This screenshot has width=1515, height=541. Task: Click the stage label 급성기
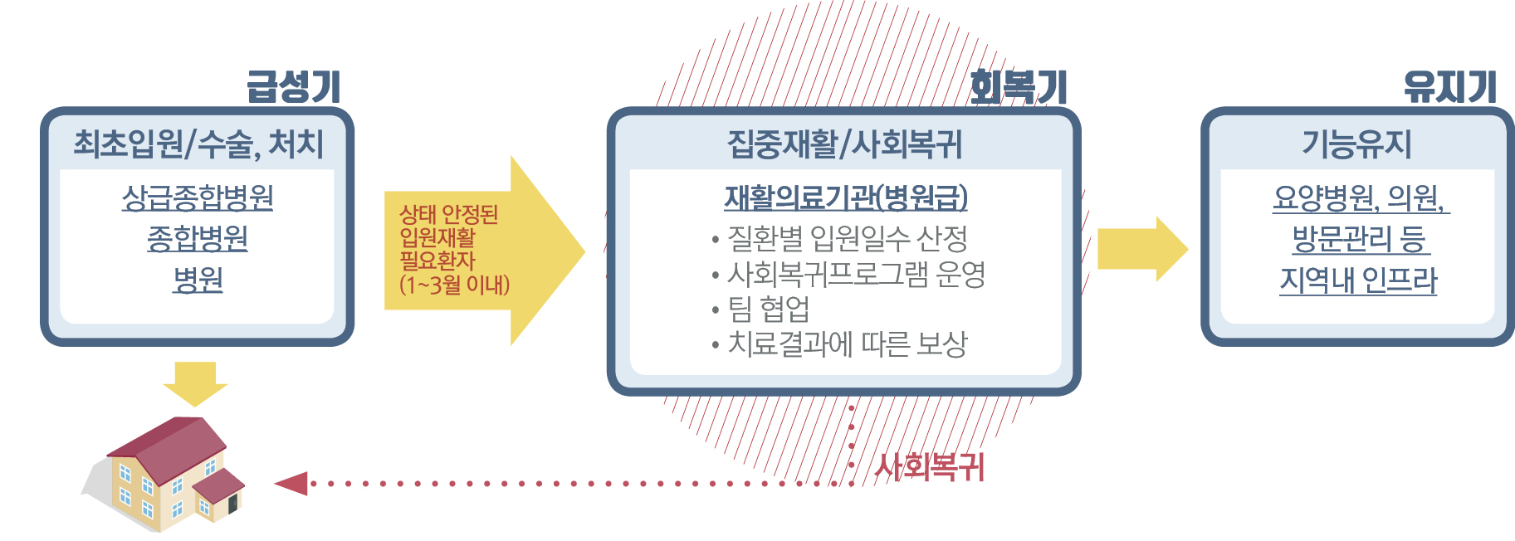click(x=294, y=86)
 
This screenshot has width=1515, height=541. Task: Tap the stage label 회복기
click(x=1018, y=86)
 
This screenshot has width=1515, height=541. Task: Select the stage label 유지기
click(x=1449, y=86)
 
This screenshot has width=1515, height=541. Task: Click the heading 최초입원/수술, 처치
click(x=198, y=144)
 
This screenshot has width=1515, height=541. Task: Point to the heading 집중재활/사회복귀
click(x=844, y=144)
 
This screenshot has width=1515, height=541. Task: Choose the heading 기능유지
click(x=1357, y=144)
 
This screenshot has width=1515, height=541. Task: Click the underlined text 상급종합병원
click(x=198, y=197)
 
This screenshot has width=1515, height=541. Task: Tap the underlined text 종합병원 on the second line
click(x=198, y=239)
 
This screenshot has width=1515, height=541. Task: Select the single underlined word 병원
click(x=198, y=280)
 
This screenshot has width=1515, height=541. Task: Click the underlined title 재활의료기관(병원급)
click(x=846, y=197)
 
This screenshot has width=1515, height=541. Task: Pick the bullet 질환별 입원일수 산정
click(x=839, y=239)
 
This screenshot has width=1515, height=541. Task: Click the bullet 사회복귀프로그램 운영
click(x=848, y=274)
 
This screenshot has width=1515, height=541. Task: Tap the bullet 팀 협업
click(x=760, y=309)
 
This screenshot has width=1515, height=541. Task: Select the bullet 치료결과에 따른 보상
click(x=839, y=344)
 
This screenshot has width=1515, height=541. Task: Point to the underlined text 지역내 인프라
click(x=1358, y=280)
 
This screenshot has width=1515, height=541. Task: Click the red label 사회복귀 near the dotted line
click(x=930, y=467)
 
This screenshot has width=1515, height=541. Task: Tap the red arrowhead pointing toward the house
click(x=291, y=483)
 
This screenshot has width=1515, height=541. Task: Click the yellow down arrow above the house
click(x=195, y=383)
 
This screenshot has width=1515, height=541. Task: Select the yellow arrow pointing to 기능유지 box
click(x=1143, y=249)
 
